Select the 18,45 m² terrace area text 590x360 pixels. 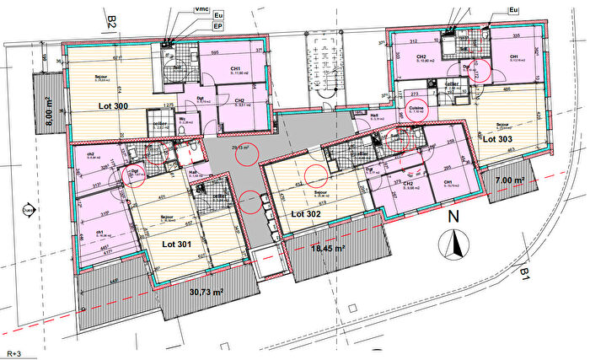tap(328, 249)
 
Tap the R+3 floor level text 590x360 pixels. tap(14, 354)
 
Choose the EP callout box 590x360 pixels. tap(217, 26)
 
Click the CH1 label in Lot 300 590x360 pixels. tap(236, 69)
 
